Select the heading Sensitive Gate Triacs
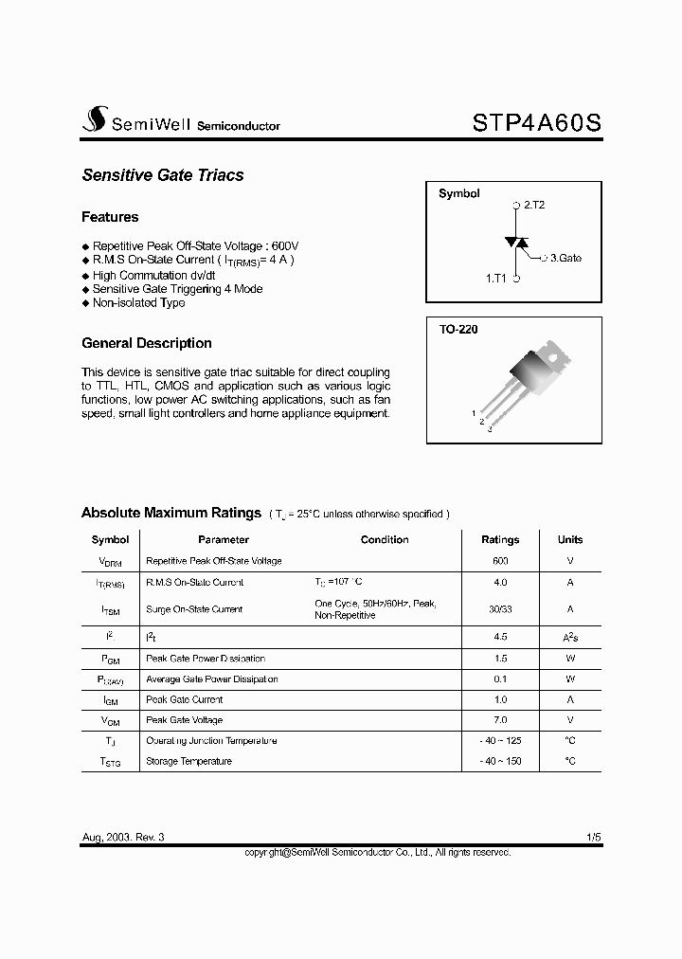(x=163, y=175)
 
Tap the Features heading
(x=110, y=217)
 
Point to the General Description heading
(x=147, y=343)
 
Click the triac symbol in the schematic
(x=516, y=243)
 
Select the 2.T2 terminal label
(x=534, y=205)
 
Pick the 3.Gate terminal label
(x=565, y=258)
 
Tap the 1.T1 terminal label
(x=495, y=279)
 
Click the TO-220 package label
(x=458, y=331)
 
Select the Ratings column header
(x=500, y=540)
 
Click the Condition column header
(x=385, y=540)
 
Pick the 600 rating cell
(x=500, y=561)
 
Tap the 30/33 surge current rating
(x=500, y=609)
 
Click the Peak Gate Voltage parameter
(x=185, y=720)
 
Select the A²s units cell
(x=570, y=637)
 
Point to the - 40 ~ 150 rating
(x=500, y=762)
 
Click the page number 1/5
(x=593, y=838)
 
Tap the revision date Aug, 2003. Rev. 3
(x=129, y=838)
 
